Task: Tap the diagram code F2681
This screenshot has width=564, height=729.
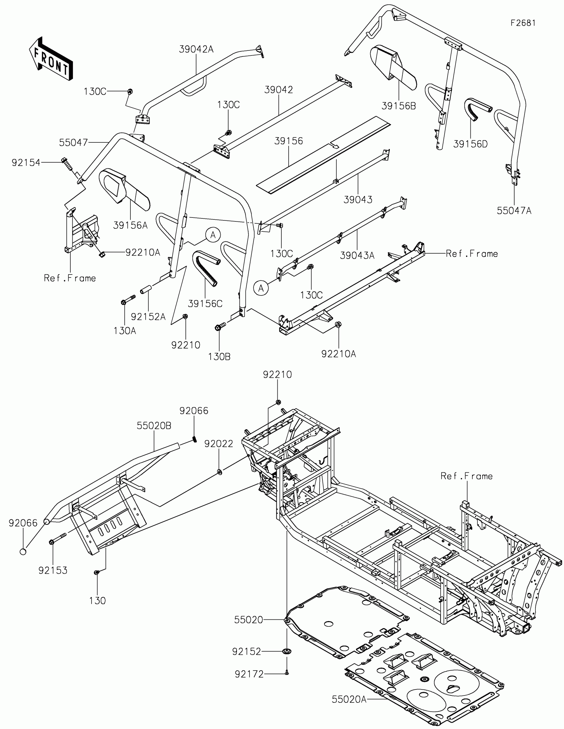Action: tap(523, 23)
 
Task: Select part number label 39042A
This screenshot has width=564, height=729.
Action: tap(196, 49)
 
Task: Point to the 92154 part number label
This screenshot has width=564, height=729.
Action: tap(26, 163)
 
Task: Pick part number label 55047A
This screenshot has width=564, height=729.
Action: tap(514, 210)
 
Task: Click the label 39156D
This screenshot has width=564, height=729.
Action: tap(470, 144)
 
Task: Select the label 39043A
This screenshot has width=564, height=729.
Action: tap(357, 255)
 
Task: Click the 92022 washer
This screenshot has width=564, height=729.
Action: tap(220, 472)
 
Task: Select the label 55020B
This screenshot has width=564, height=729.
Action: tap(154, 426)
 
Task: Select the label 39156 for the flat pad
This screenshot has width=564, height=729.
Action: tap(289, 141)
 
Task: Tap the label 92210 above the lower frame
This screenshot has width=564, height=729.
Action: tap(277, 374)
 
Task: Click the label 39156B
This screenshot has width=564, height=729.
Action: tap(398, 106)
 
